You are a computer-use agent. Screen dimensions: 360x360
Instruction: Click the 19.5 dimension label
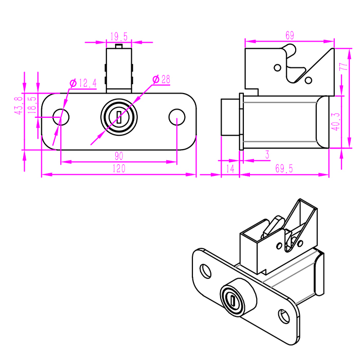tap(119, 37)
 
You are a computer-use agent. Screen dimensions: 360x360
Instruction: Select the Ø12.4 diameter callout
tap(83, 83)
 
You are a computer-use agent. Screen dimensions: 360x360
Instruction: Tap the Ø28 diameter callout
tap(162, 79)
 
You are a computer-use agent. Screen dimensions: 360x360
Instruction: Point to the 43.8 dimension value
tap(19, 105)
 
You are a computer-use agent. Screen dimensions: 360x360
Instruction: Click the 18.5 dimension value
tap(32, 105)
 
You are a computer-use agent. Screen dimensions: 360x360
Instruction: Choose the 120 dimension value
tap(119, 169)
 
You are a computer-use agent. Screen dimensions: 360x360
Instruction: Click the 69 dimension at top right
tap(290, 35)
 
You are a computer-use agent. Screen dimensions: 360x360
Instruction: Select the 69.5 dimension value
tap(284, 169)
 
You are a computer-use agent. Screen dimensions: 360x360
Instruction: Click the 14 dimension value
tap(230, 169)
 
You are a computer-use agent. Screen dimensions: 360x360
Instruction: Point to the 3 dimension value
tap(267, 154)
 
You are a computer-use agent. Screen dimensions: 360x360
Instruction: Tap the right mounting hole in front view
tap(176, 117)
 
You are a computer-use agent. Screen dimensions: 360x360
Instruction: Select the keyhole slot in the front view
tap(119, 117)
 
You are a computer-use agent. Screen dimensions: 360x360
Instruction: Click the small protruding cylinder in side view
tap(229, 117)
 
